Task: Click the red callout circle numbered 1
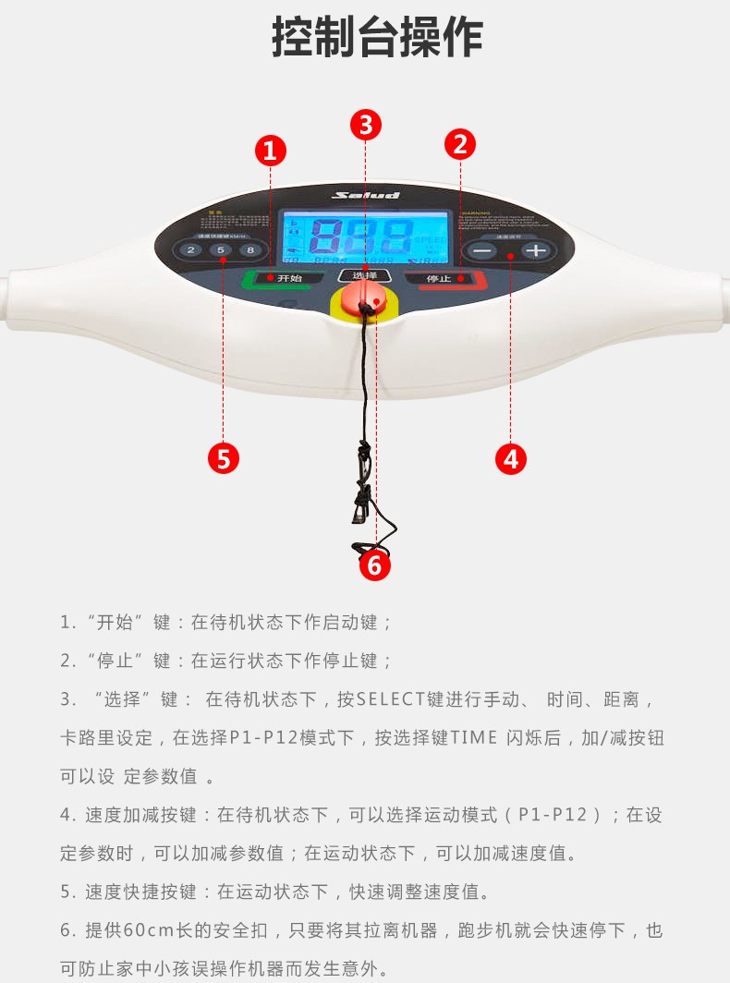click(x=270, y=151)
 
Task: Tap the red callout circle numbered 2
click(x=459, y=143)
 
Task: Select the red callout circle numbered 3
click(x=366, y=124)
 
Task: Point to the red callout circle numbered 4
click(x=511, y=458)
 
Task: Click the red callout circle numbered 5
click(x=223, y=458)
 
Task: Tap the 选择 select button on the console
click(x=365, y=275)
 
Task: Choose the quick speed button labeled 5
click(x=221, y=250)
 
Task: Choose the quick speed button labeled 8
click(x=250, y=250)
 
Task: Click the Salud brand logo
click(x=367, y=195)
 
